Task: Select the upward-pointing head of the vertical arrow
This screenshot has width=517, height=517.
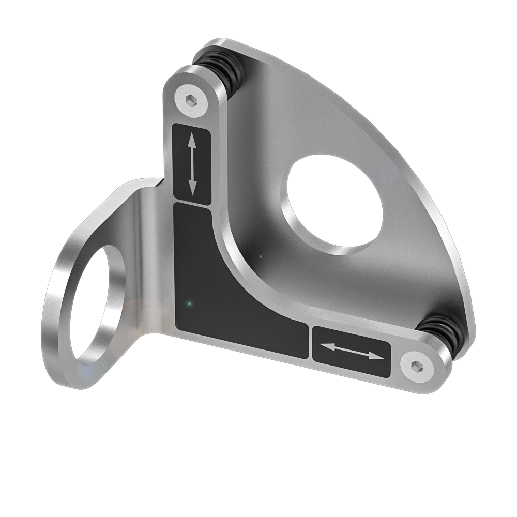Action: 191,140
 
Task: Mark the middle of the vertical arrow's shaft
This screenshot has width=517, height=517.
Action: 191,164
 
